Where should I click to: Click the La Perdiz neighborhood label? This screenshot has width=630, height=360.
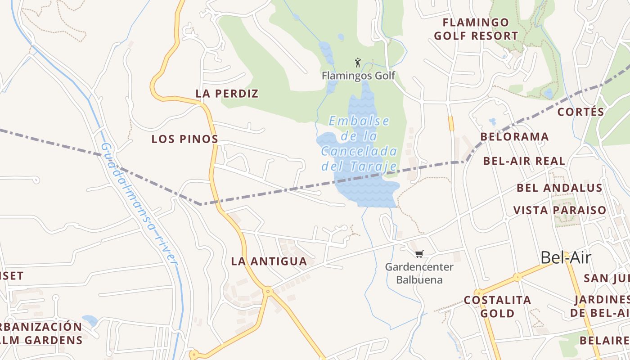click(x=227, y=94)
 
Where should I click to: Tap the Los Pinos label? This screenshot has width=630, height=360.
click(x=185, y=139)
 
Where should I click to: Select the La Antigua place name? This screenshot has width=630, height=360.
click(x=269, y=261)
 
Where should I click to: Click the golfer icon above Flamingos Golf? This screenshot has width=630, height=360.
click(x=358, y=62)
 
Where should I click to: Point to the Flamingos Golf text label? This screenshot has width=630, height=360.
click(x=358, y=76)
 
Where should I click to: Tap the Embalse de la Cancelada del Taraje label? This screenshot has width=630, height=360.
click(x=359, y=144)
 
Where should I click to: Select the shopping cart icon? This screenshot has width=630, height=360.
click(x=419, y=254)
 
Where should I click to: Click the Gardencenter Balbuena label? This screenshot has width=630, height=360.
click(x=419, y=273)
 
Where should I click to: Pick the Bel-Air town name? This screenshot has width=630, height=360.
click(x=565, y=257)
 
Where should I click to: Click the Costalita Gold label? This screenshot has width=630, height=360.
click(x=497, y=306)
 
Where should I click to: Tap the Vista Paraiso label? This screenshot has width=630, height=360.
click(x=560, y=210)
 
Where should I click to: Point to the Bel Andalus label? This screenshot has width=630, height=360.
click(x=559, y=188)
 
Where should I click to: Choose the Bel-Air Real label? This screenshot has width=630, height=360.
click(x=524, y=161)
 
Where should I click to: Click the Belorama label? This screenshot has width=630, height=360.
click(x=514, y=137)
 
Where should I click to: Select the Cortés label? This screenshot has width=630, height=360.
click(x=580, y=112)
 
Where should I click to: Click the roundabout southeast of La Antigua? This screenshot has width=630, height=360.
click(x=268, y=292)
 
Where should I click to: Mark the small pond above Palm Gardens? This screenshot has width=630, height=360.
click(x=90, y=320)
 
